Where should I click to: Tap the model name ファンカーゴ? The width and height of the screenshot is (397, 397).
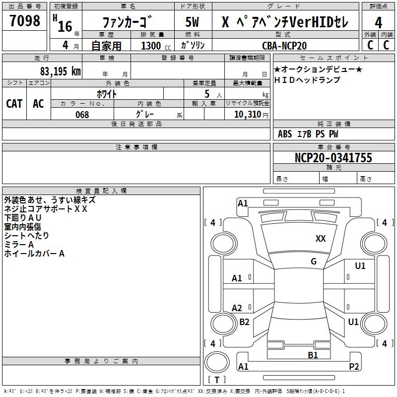tap(128, 22)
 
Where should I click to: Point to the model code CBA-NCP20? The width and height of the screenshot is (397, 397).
tap(284, 46)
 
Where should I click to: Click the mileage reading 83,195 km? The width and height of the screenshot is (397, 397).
tap(61, 71)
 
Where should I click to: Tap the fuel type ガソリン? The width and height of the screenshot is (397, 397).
tap(194, 45)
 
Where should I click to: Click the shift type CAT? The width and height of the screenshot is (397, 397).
tap(14, 103)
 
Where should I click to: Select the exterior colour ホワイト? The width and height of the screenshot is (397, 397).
tap(107, 93)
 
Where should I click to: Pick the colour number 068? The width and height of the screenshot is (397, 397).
tap(82, 115)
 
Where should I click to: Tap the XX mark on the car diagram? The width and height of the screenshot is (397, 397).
tap(321, 239)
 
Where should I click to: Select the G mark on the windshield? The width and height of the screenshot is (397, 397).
tap(314, 262)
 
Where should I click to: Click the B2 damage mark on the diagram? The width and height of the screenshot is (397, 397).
tap(244, 322)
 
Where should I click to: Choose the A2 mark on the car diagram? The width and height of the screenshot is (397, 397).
tap(237, 308)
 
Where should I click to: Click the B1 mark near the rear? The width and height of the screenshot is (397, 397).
tap(313, 355)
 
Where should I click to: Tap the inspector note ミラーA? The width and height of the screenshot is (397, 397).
tap(19, 245)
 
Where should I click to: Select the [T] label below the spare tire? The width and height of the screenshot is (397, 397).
tap(217, 380)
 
